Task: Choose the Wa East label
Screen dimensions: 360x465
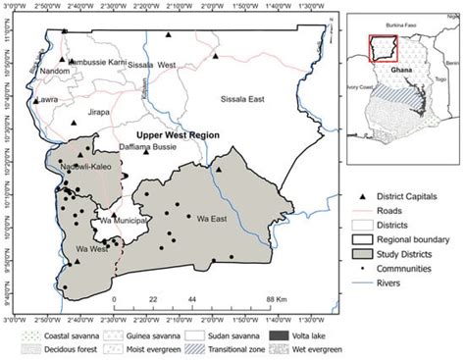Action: pyautogui.click(x=213, y=218)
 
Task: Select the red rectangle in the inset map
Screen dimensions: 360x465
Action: pyautogui.click(x=381, y=47)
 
